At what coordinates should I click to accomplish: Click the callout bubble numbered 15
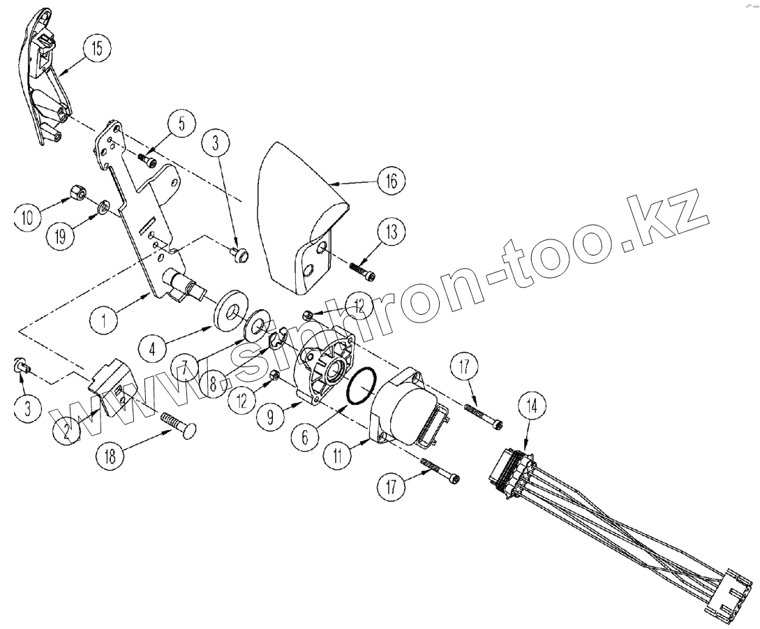96,50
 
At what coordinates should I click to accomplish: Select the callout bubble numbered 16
391,182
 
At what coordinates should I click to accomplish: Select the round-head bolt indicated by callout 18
179,424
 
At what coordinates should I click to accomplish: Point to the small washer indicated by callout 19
102,207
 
